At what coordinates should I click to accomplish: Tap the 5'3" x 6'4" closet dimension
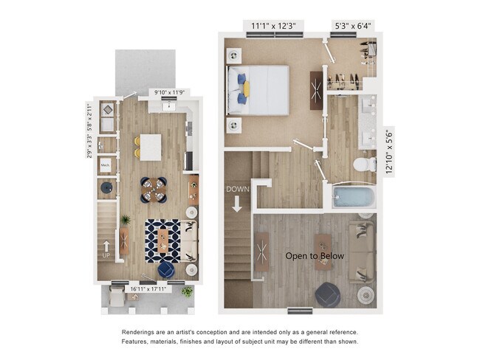(353, 25)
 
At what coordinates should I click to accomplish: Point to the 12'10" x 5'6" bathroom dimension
(389, 150)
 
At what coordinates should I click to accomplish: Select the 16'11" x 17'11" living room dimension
(150, 288)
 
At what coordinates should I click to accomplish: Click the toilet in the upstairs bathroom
(362, 164)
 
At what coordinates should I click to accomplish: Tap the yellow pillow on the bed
(246, 89)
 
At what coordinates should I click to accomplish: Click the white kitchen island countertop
(151, 146)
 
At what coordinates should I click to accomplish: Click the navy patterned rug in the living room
(162, 239)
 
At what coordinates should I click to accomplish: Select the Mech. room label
(106, 165)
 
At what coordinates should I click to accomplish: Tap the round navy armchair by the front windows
(165, 271)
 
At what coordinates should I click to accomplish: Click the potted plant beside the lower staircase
(125, 220)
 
